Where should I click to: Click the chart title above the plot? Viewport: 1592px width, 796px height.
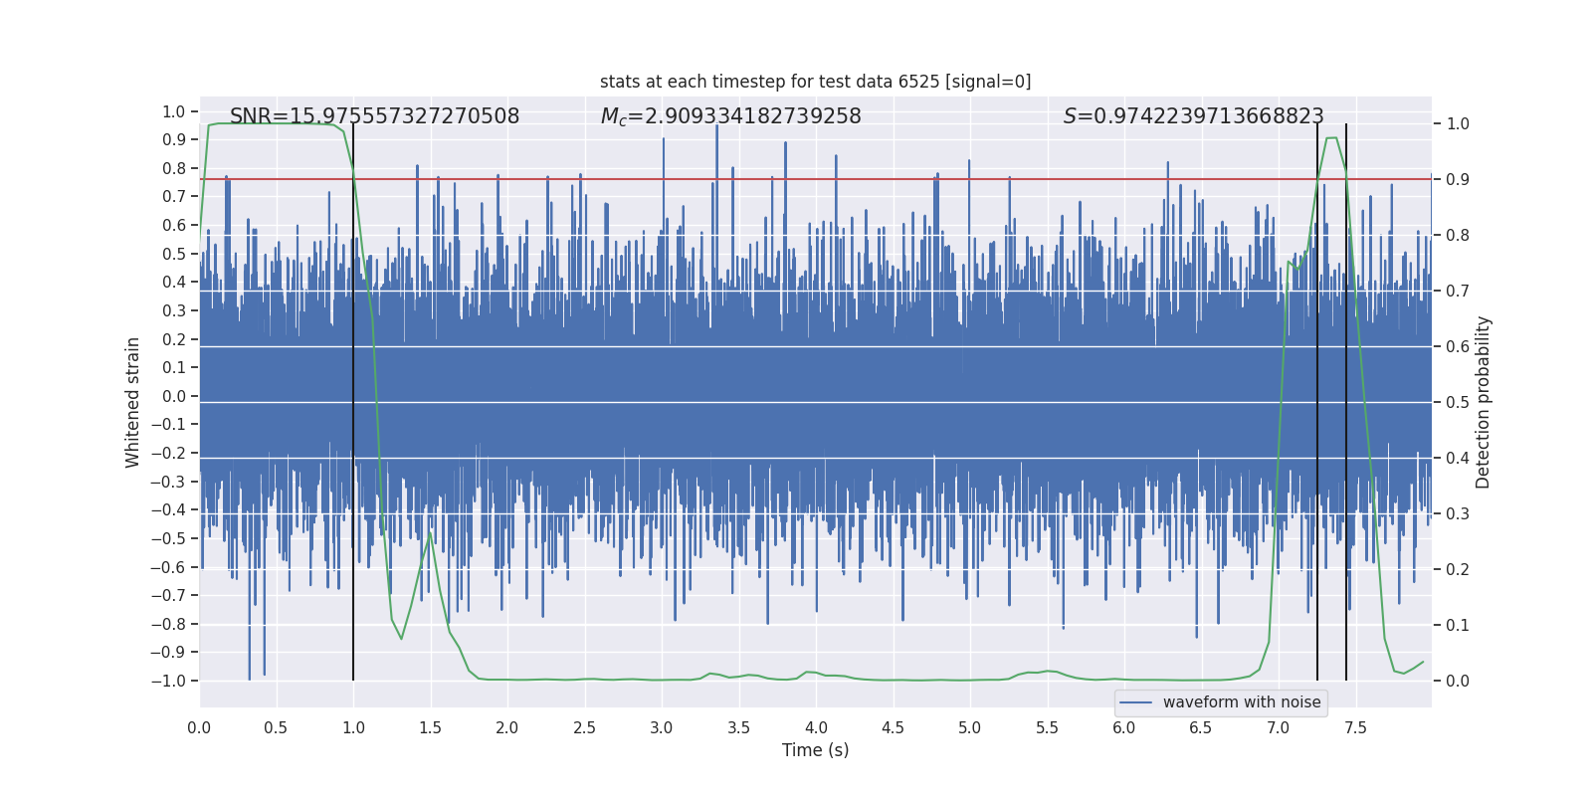tap(815, 82)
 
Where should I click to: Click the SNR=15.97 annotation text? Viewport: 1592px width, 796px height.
tap(374, 116)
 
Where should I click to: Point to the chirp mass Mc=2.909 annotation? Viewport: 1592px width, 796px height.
tap(730, 116)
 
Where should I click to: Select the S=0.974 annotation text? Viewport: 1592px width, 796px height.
tap(1193, 116)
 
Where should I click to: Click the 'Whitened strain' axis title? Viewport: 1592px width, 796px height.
tap(133, 402)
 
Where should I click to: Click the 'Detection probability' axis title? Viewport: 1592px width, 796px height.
tap(1484, 402)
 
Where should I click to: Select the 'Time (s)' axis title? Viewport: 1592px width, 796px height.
tap(815, 750)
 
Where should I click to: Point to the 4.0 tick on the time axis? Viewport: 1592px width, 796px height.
tap(816, 727)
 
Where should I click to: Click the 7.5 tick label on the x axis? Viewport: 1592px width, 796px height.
tap(1355, 727)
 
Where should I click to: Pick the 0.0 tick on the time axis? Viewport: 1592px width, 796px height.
tap(199, 727)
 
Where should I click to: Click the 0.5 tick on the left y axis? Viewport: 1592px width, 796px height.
tap(174, 254)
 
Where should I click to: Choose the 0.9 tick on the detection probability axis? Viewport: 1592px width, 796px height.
tap(1458, 180)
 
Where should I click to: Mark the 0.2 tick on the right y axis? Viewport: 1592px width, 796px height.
tap(1458, 569)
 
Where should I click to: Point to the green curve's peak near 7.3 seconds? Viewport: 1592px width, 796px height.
tap(1331, 138)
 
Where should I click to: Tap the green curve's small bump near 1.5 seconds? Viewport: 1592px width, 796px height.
tap(430, 535)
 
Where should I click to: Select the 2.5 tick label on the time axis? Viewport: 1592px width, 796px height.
tap(584, 727)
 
